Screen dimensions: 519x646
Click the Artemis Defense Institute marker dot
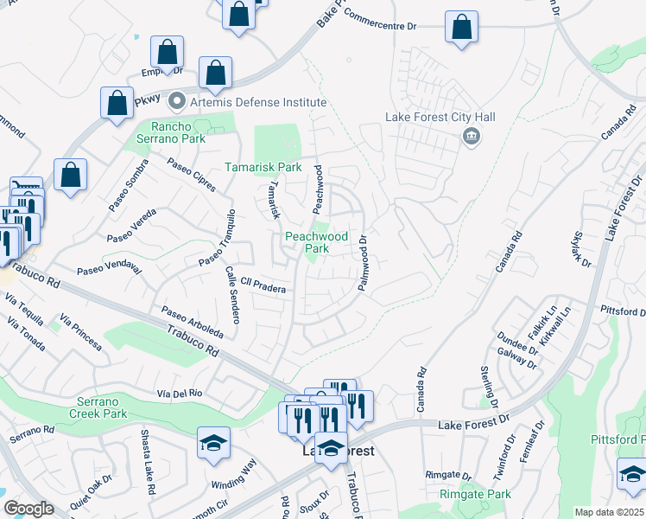click(178, 102)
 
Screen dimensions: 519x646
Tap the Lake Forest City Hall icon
click(472, 137)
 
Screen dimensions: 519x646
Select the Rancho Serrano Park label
click(173, 131)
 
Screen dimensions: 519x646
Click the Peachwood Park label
click(317, 242)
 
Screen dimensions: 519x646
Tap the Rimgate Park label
click(474, 494)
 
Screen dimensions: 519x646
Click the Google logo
click(28, 509)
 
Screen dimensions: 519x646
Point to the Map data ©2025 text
click(609, 512)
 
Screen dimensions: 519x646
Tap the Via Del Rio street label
click(179, 393)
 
